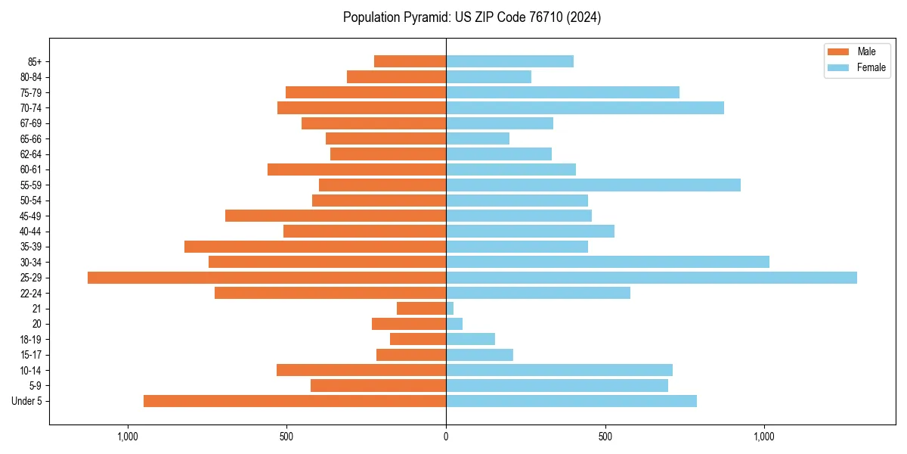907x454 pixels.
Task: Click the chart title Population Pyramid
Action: point(472,17)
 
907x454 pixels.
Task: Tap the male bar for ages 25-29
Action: point(267,278)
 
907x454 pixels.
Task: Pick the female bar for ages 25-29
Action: point(652,278)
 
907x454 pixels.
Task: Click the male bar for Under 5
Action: point(295,401)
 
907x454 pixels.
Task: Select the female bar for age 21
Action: point(450,309)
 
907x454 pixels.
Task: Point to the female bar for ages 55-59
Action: point(593,185)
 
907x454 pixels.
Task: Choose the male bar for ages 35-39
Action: point(315,247)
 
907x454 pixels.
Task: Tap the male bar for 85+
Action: point(410,61)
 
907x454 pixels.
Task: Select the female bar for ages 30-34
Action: point(608,263)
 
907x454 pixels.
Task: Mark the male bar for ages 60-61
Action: point(357,169)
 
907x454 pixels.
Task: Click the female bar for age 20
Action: point(454,324)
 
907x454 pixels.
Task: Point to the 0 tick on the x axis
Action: point(446,437)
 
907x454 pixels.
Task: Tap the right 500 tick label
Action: point(605,437)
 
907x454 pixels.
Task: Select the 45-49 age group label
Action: point(30,216)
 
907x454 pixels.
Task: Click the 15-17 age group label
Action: point(30,355)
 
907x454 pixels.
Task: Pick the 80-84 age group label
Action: point(30,77)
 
